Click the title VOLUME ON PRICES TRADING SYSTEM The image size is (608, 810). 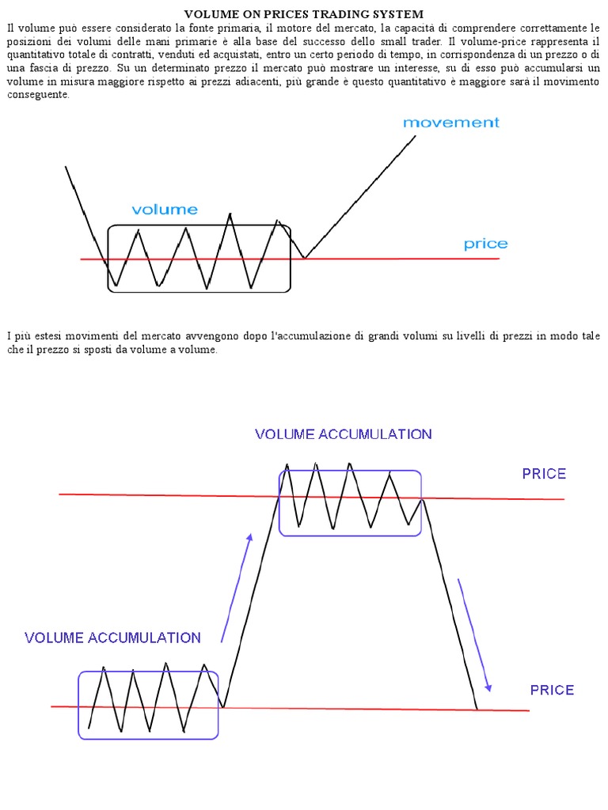tap(304, 14)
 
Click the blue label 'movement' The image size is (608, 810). tap(451, 123)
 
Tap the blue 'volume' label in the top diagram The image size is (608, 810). tap(165, 210)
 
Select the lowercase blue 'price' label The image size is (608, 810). tap(485, 244)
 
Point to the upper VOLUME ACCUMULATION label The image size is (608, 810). tap(343, 434)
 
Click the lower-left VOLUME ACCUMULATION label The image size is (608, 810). tap(112, 638)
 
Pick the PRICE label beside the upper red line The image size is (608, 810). tap(544, 474)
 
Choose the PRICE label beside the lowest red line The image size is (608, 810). tap(552, 690)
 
